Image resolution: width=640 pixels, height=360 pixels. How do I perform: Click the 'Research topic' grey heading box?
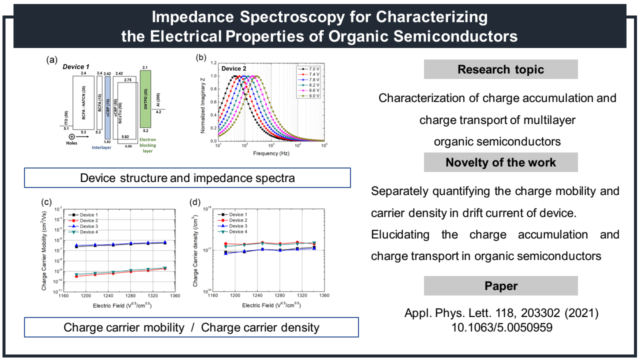click(x=500, y=69)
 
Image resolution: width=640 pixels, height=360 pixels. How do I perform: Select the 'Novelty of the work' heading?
click(x=500, y=162)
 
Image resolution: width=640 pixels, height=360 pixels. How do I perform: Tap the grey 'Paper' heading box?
click(x=500, y=286)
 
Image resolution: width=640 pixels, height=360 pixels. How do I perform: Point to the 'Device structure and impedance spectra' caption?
click(x=187, y=178)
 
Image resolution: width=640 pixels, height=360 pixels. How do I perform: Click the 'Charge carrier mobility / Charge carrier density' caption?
click(x=191, y=327)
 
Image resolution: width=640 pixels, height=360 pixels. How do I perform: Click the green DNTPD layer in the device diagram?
click(x=145, y=99)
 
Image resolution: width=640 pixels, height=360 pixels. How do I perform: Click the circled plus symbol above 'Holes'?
click(x=72, y=136)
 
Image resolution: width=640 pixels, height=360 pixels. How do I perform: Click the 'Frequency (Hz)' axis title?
click(x=270, y=152)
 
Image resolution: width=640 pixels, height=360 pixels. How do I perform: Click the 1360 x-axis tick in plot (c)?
click(x=174, y=296)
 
